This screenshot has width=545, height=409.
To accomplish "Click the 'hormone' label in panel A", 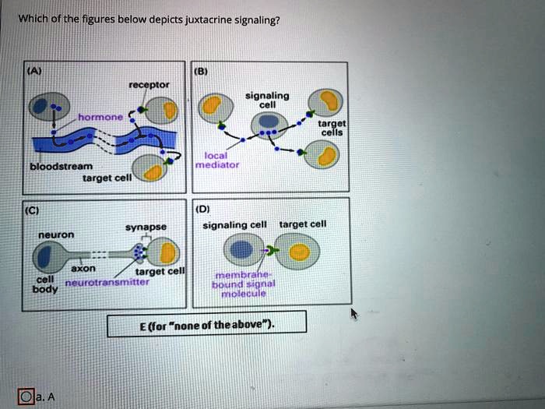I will click(100, 116).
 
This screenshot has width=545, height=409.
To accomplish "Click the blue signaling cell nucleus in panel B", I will click(267, 121).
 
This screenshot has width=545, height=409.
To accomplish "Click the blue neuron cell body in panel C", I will click(46, 256).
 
